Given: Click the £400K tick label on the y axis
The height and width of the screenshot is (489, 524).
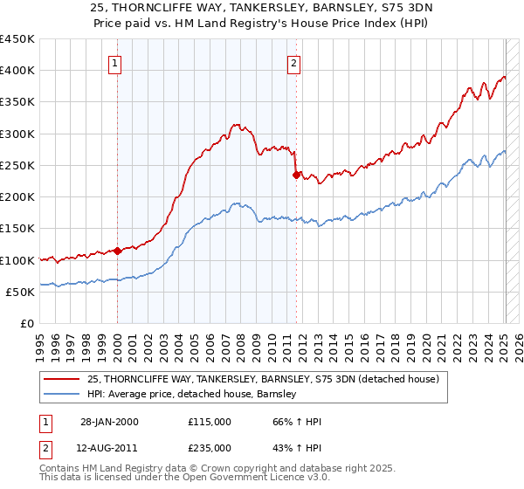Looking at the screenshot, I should click(17, 71).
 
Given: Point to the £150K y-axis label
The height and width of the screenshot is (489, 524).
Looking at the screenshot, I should click(17, 229).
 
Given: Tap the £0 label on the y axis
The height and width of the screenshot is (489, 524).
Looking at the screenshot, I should click(26, 324).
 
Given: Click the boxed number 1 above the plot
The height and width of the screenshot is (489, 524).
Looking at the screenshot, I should click(116, 62).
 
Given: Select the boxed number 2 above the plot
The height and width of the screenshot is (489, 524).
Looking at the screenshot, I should click(294, 62).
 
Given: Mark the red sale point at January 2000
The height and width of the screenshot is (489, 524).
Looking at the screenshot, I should click(118, 251).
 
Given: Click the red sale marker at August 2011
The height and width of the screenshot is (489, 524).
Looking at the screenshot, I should click(296, 175).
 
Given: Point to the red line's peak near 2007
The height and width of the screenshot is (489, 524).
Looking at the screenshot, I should click(236, 125).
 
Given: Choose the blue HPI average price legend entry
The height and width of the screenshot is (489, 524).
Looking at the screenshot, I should click(192, 394).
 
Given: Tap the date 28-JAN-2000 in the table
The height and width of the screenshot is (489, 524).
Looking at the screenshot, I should click(108, 422).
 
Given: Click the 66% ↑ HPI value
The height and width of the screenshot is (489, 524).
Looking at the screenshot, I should click(297, 422).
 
